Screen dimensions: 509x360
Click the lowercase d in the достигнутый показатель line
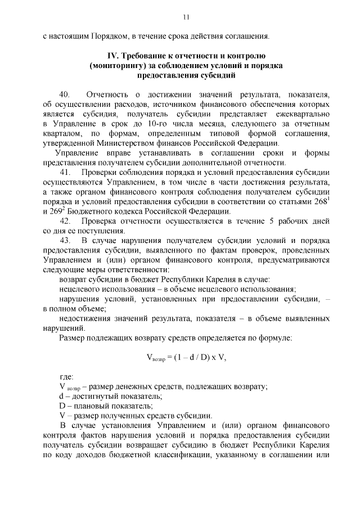61,396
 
